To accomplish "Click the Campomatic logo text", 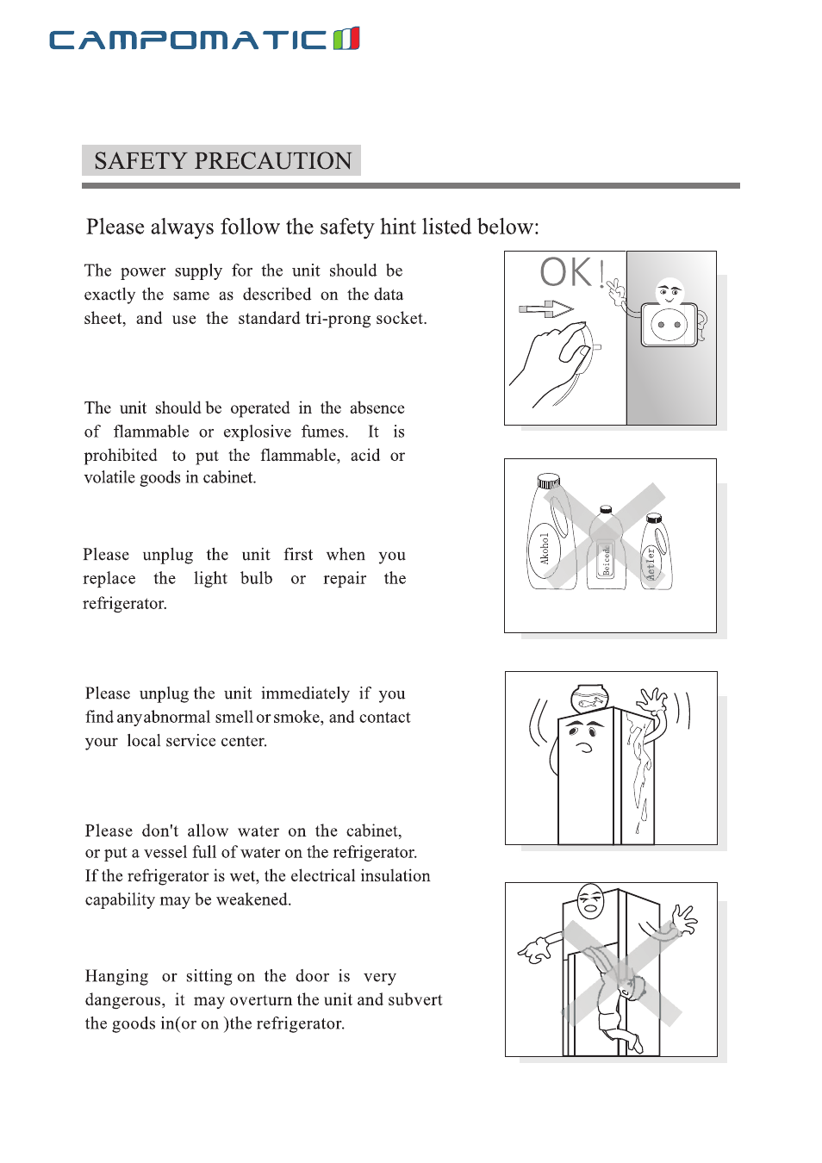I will tap(188, 40).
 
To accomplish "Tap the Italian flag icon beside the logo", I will tap(346, 39).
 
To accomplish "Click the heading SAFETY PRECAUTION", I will tap(222, 161).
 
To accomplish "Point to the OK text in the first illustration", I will tap(567, 272).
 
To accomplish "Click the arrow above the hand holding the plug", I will tap(546, 308).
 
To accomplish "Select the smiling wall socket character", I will tap(669, 318).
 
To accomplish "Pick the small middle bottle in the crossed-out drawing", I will tap(606, 550).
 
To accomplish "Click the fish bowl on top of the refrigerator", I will tap(589, 699).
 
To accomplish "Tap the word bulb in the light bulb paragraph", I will tap(256, 578).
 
